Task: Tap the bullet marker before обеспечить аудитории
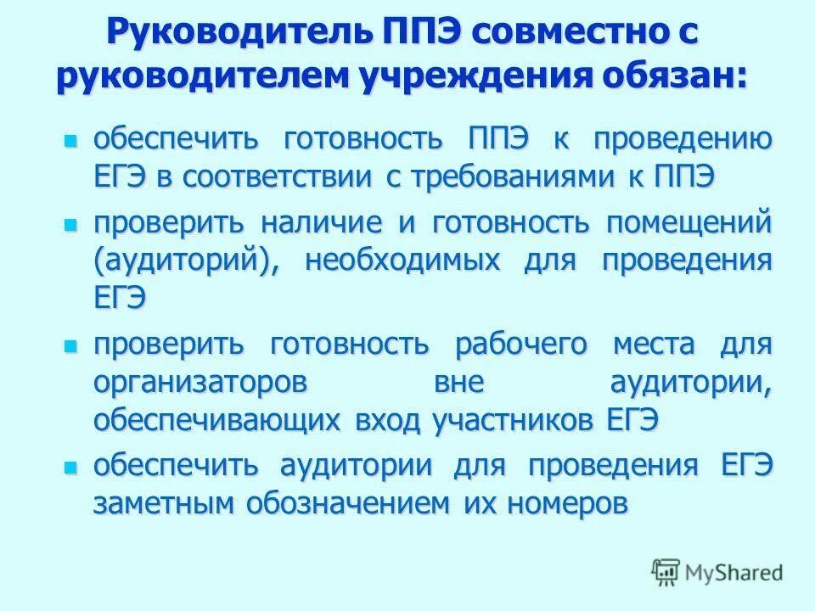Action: (70, 466)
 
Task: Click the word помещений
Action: (689, 223)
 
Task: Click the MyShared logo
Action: (717, 574)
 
